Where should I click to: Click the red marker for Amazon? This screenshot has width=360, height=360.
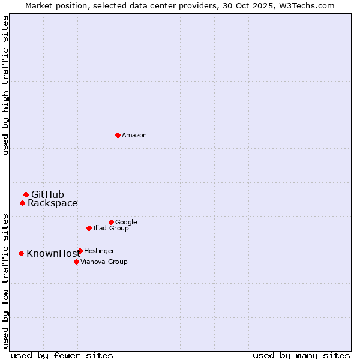click(x=118, y=135)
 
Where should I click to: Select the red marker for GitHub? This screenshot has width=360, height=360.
click(x=26, y=194)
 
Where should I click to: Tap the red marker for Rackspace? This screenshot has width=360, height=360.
click(x=22, y=203)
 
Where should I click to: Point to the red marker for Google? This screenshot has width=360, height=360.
click(x=111, y=222)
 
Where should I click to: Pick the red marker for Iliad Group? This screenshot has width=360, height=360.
click(x=89, y=228)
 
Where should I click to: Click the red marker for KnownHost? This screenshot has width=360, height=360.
click(x=21, y=253)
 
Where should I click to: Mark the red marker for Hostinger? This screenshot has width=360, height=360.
click(x=80, y=251)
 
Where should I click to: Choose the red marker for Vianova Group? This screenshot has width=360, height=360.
click(x=76, y=262)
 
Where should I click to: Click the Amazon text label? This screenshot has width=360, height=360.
click(x=134, y=136)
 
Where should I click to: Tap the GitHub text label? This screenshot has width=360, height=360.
click(x=47, y=194)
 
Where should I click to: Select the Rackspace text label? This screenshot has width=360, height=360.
click(x=52, y=203)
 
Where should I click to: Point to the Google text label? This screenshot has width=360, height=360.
click(x=126, y=222)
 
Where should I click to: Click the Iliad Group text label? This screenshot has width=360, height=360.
click(x=111, y=229)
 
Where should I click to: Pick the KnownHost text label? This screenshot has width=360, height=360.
click(x=53, y=254)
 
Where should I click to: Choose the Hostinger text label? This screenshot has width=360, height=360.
click(x=99, y=251)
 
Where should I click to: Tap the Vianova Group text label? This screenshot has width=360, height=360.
click(x=104, y=262)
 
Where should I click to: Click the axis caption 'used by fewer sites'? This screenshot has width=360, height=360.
click(x=62, y=355)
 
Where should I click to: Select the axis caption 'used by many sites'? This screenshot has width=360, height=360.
click(x=301, y=355)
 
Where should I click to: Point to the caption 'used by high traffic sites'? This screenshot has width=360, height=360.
click(x=5, y=85)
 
